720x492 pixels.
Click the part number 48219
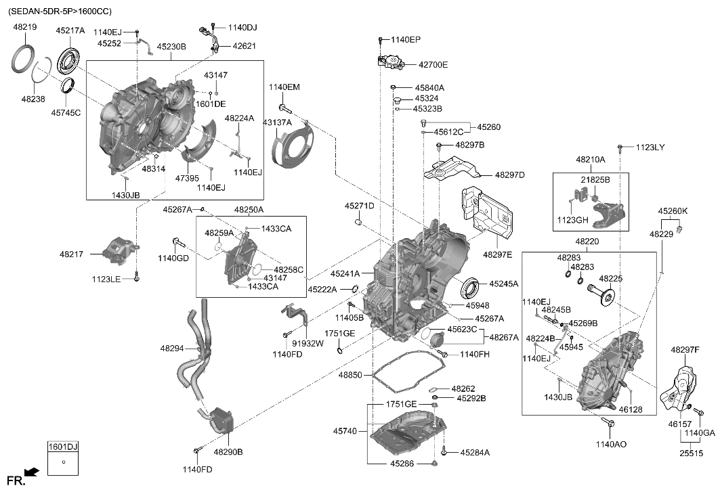tap(26, 27)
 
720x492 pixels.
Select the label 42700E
tap(433, 65)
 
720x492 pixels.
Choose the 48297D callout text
tap(509, 175)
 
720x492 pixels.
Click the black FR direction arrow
tap(31, 472)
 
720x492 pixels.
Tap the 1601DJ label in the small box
tap(62, 447)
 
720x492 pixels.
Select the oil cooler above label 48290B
tap(222, 421)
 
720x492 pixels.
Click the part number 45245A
tap(503, 284)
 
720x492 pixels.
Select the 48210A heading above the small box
tap(591, 160)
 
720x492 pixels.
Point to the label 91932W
tap(308, 343)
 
